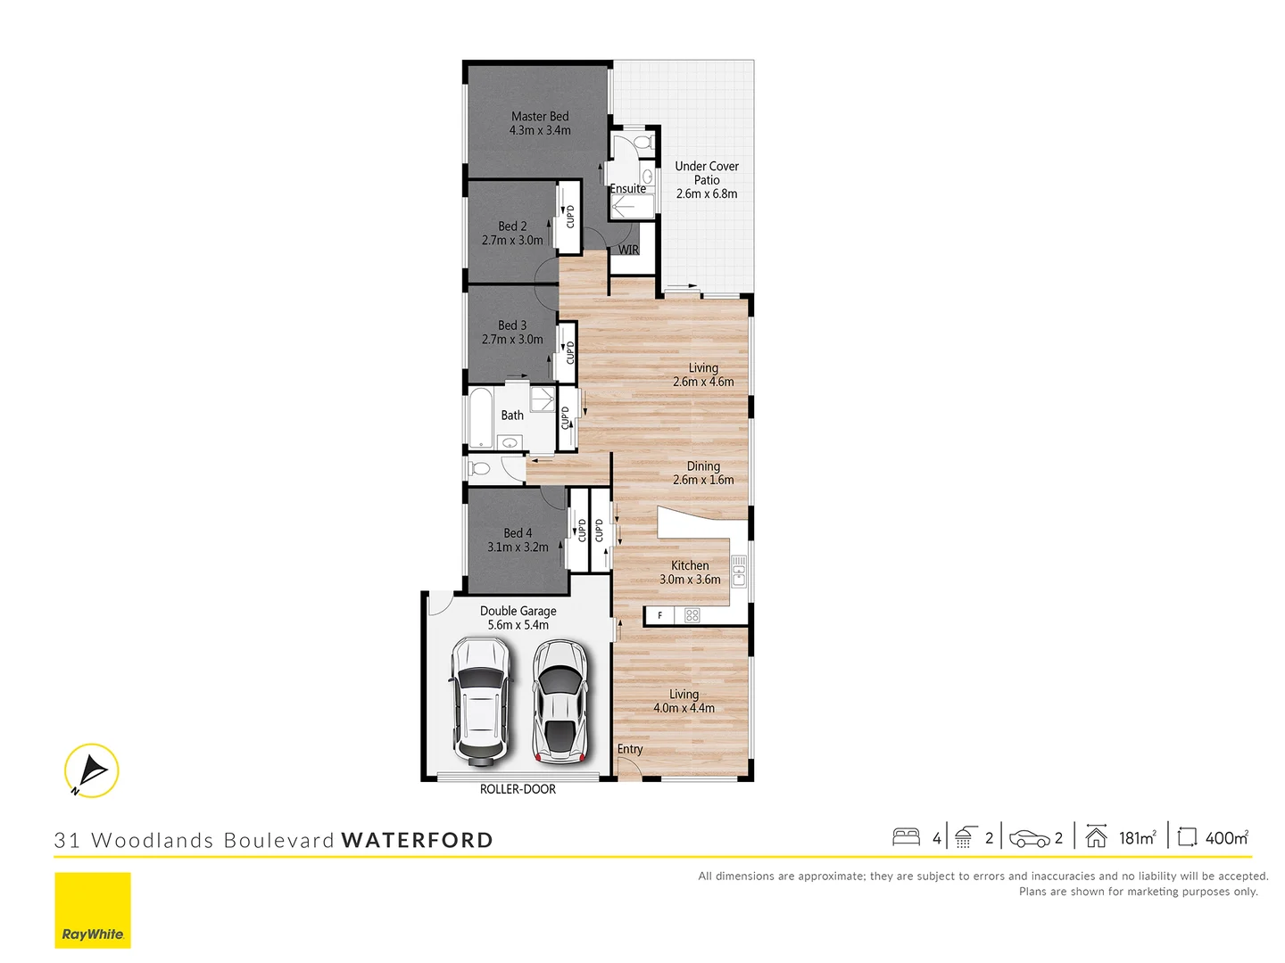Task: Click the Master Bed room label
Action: click(540, 117)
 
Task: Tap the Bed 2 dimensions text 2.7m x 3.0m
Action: click(512, 241)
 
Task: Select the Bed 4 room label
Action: click(518, 533)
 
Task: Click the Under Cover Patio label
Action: click(707, 173)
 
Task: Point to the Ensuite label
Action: click(628, 189)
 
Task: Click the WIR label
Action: click(629, 251)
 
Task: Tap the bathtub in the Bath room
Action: click(481, 417)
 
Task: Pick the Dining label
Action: click(703, 466)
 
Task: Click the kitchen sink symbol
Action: click(739, 571)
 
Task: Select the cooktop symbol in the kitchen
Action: click(692, 615)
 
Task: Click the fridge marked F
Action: click(660, 615)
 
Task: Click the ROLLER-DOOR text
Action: click(518, 790)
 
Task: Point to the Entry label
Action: click(630, 750)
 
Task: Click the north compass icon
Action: click(91, 770)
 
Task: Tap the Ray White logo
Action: click(93, 910)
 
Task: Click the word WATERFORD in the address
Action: click(417, 841)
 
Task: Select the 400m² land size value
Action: click(1226, 838)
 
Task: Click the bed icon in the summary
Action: click(906, 837)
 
